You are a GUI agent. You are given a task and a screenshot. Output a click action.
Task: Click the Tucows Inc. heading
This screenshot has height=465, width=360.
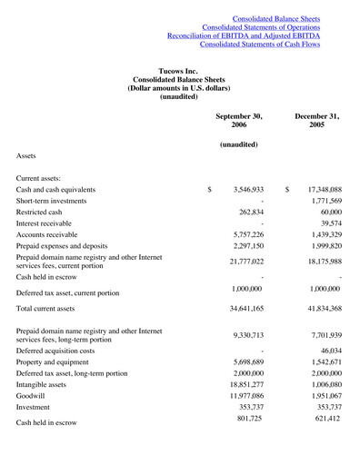pos(179,71)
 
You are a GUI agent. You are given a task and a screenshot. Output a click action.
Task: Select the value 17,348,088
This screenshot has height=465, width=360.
pos(318,190)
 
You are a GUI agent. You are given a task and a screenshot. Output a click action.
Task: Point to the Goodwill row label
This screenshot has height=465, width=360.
pos(33,398)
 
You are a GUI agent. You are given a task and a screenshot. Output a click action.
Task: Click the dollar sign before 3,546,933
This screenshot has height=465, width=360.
pos(210,190)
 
